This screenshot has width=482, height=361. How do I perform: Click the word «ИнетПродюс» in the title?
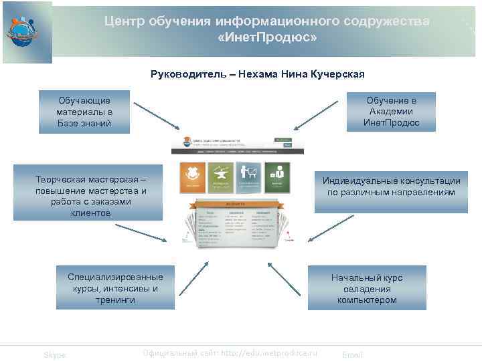pyautogui.click(x=267, y=37)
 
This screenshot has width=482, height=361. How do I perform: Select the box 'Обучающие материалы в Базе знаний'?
pyautogui.click(x=84, y=112)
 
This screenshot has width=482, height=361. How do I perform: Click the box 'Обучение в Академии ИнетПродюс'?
pyautogui.click(x=391, y=112)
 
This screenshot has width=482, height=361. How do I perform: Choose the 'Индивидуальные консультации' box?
pyautogui.click(x=391, y=187)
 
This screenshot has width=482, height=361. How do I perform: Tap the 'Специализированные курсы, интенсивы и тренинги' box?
pyautogui.click(x=114, y=288)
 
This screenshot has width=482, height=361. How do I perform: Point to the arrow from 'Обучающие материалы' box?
pyautogui.click(x=156, y=116)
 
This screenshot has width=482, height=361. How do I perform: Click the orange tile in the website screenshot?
pyautogui.click(x=191, y=177)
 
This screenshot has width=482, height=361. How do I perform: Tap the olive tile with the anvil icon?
pyautogui.click(x=220, y=177)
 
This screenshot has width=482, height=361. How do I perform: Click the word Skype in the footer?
pyautogui.click(x=55, y=355)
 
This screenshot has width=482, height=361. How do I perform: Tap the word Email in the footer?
pyautogui.click(x=352, y=355)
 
